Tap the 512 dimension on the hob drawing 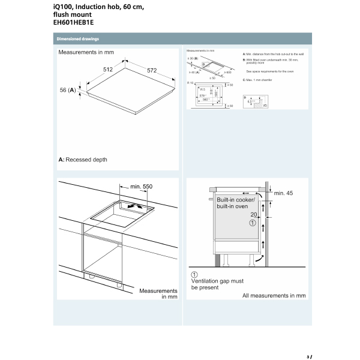pyautogui.click(x=108, y=70)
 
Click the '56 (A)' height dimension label pyautogui.click(x=67, y=90)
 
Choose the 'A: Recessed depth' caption pyautogui.click(x=83, y=160)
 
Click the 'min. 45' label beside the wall pyautogui.click(x=283, y=193)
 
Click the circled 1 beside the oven pyautogui.click(x=253, y=222)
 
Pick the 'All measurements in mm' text pyautogui.click(x=274, y=295)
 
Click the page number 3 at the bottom pyautogui.click(x=308, y=357)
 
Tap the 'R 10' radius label pyautogui.click(x=191, y=82)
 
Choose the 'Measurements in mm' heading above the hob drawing pyautogui.click(x=86, y=53)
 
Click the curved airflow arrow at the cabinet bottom pyautogui.click(x=258, y=260)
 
